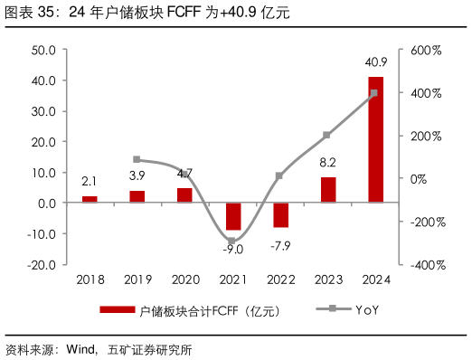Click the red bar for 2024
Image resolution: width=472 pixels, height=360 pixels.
click(x=375, y=139)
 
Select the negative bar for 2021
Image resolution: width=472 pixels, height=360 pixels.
click(x=234, y=216)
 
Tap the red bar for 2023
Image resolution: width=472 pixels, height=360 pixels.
click(x=328, y=190)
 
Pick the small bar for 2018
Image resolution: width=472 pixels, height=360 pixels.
click(x=90, y=199)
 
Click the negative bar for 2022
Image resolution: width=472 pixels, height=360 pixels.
click(x=281, y=214)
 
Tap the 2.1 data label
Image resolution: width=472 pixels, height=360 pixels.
click(x=90, y=183)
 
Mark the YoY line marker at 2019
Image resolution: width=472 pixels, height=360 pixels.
click(x=137, y=159)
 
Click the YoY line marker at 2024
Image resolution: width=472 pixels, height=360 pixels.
click(x=374, y=93)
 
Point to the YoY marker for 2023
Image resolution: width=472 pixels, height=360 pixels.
click(x=327, y=135)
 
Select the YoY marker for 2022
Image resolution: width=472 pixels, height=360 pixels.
click(x=280, y=175)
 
